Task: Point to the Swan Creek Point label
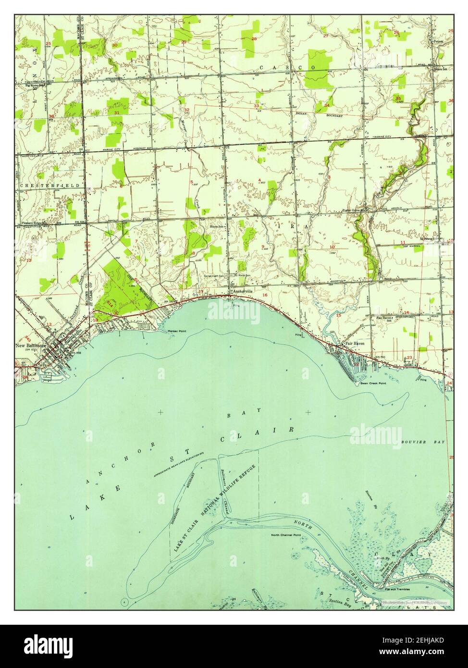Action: [376, 383]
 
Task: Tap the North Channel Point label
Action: [285, 535]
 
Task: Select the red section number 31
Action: [117, 112]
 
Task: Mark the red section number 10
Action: [332, 247]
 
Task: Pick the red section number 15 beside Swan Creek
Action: [338, 315]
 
